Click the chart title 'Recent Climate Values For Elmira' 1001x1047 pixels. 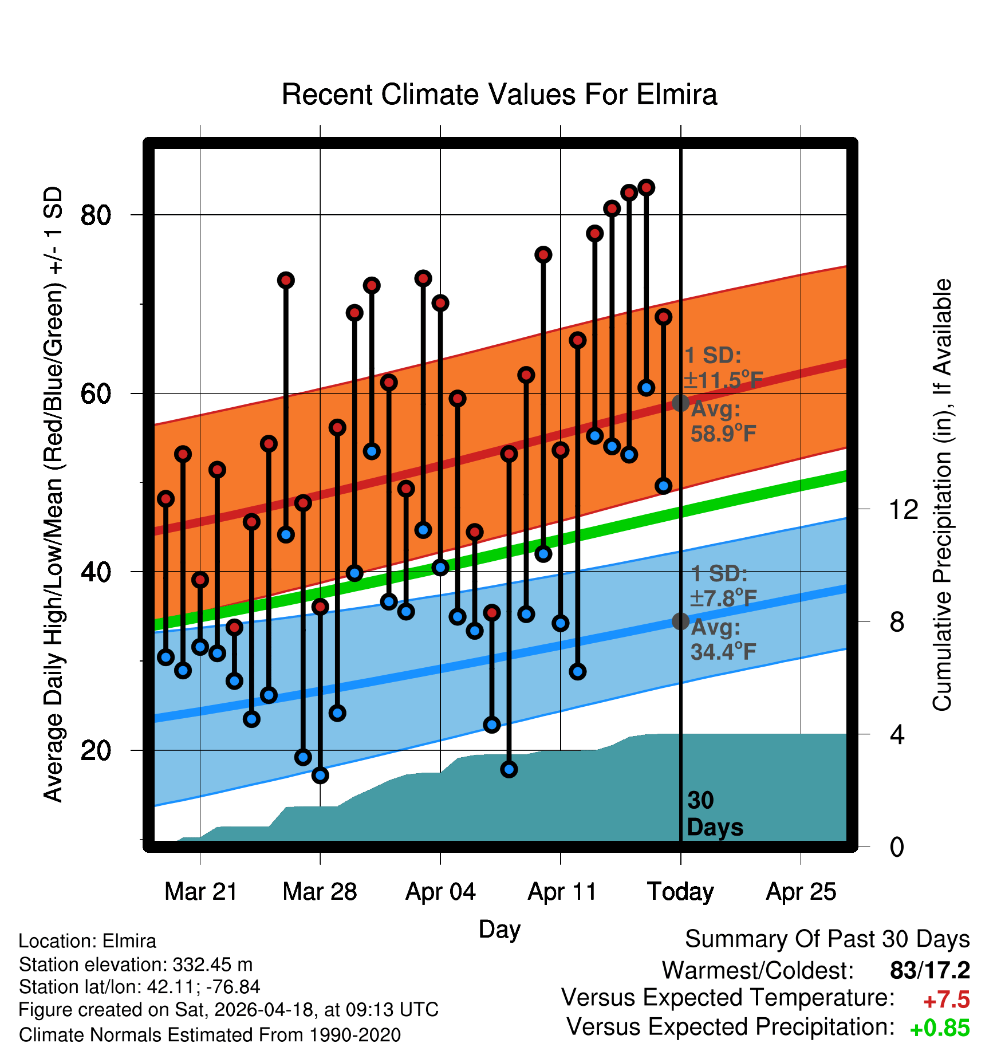tap(499, 95)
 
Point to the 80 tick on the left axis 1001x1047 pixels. tap(96, 215)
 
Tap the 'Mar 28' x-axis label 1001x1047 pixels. tap(320, 892)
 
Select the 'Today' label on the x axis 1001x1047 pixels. tap(680, 892)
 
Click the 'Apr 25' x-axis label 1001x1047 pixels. tap(801, 892)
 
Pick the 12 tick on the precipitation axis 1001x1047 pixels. tap(903, 509)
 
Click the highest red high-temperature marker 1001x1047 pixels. tap(647, 187)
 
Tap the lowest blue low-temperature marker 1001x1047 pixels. tap(320, 776)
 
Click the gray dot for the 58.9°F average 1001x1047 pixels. tap(680, 403)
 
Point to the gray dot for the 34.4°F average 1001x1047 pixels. tap(680, 621)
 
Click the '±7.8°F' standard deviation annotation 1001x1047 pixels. tap(723, 599)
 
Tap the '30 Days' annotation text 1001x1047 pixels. tap(715, 814)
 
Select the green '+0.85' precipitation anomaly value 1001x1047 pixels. tap(940, 1029)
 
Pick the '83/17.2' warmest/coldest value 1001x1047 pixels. tap(930, 971)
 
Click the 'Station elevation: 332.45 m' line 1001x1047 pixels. tap(136, 965)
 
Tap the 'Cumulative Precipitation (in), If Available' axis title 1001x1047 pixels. tap(942, 495)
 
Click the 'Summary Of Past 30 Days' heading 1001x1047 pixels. tap(827, 939)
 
